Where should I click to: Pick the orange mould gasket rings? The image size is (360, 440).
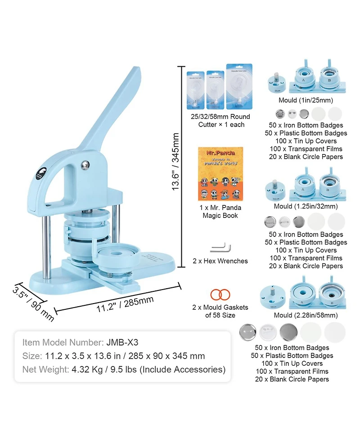click(x=220, y=295)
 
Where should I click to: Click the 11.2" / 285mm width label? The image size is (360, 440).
click(x=118, y=305)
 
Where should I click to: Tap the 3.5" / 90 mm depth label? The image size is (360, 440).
click(x=33, y=303)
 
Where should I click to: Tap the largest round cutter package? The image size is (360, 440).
click(x=239, y=86)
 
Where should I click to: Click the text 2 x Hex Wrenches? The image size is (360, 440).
click(x=220, y=261)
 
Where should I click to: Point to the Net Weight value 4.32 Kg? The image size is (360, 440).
click(x=86, y=370)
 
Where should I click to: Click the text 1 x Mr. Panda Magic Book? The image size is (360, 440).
click(x=220, y=212)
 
